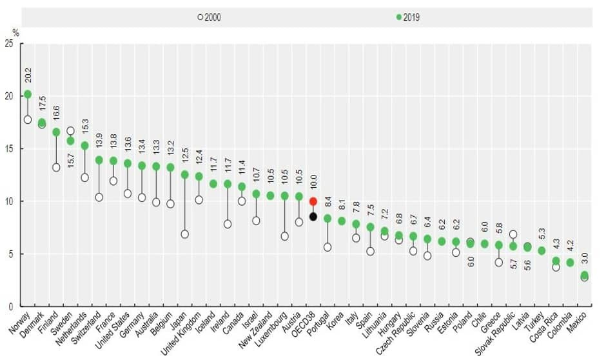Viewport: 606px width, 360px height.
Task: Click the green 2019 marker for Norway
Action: (28, 94)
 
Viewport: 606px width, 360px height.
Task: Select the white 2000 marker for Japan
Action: (184, 234)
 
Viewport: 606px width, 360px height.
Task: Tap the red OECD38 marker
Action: (313, 201)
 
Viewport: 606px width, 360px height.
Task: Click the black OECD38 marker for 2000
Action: (313, 217)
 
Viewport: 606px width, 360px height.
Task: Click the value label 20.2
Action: (28, 74)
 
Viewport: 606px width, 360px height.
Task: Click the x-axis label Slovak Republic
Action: (499, 335)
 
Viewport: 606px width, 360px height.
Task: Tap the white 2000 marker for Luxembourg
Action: (284, 236)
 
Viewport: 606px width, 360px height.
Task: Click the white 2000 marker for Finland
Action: (56, 168)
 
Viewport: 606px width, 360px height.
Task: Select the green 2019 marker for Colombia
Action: (570, 263)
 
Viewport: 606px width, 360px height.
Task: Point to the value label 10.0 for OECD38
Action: (313, 183)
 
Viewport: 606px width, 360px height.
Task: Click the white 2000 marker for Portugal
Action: (327, 247)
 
